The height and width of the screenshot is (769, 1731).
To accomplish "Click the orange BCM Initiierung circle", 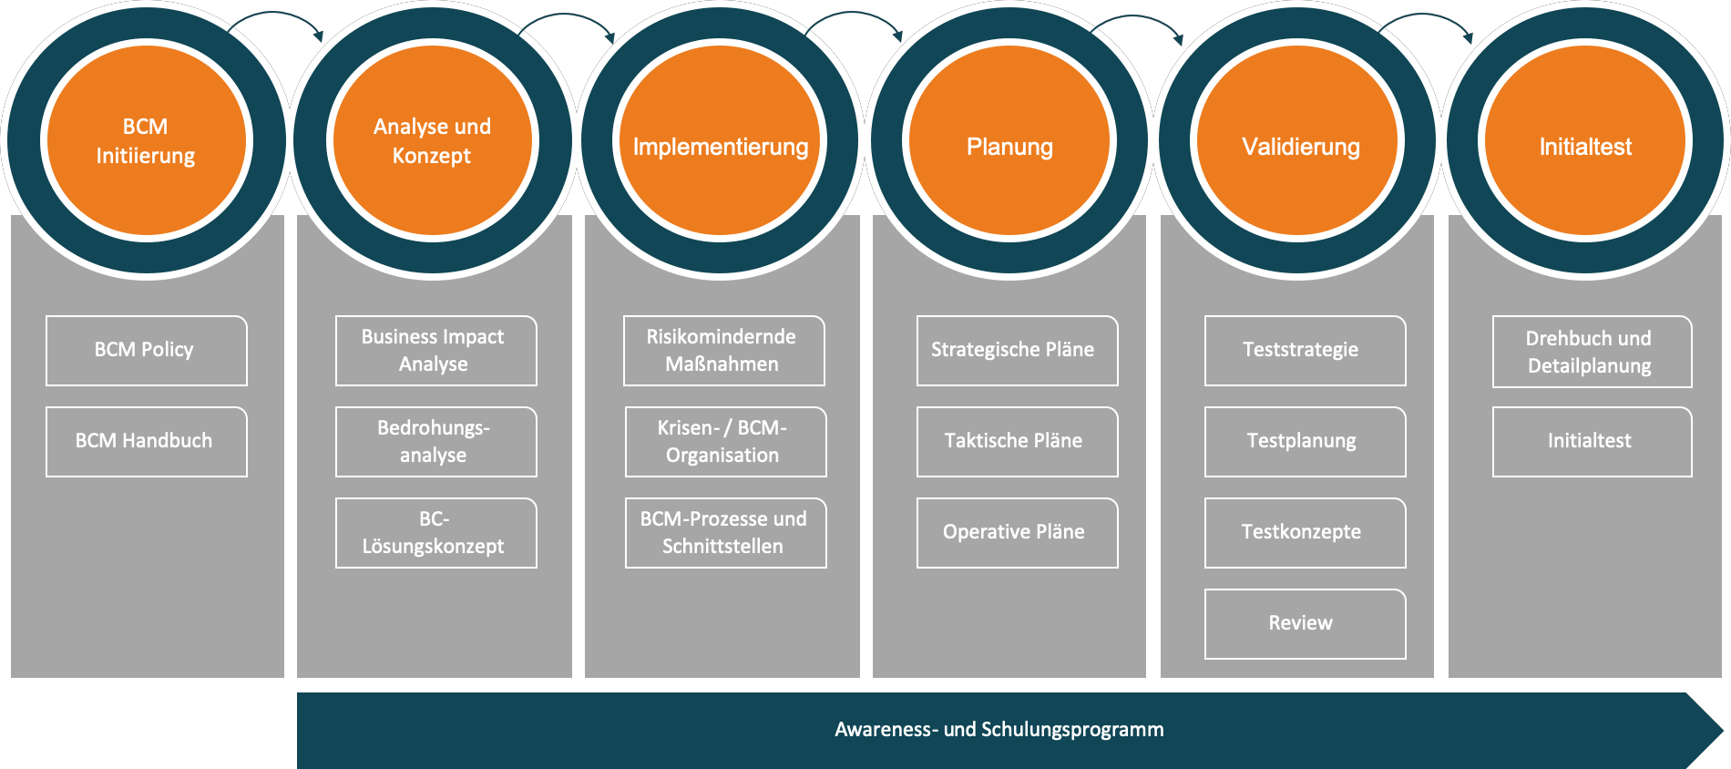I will click(146, 141).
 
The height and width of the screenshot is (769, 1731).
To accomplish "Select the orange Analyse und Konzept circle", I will click(433, 141).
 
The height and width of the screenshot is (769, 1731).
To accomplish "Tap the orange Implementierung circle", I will click(721, 141).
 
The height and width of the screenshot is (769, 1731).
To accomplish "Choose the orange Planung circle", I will click(1009, 141).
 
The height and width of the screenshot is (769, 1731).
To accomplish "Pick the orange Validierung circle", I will click(1300, 141).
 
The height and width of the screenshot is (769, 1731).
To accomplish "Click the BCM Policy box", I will click(146, 350).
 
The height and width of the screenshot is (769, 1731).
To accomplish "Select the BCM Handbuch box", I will click(146, 441).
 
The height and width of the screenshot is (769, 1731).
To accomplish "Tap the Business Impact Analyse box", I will click(435, 350).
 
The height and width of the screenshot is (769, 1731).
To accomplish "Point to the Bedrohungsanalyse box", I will click(435, 441).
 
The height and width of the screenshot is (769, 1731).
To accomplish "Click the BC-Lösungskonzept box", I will click(435, 532).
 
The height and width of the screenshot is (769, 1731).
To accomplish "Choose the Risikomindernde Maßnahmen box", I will click(723, 350).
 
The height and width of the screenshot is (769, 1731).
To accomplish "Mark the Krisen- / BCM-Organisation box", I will click(725, 441).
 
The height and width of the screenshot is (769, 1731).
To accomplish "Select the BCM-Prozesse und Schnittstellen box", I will click(725, 532).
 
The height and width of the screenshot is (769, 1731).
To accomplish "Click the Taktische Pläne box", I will click(1017, 441).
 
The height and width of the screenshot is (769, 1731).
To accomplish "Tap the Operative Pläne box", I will click(1017, 532).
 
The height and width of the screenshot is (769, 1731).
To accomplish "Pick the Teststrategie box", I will click(1305, 350).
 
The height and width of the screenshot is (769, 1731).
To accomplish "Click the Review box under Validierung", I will click(1305, 623).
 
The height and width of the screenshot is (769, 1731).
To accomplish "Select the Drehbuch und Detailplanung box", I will click(1592, 351).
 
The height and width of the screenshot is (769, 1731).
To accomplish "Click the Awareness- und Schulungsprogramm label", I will click(999, 729).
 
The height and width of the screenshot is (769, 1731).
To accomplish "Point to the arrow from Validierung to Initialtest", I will click(1427, 20).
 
